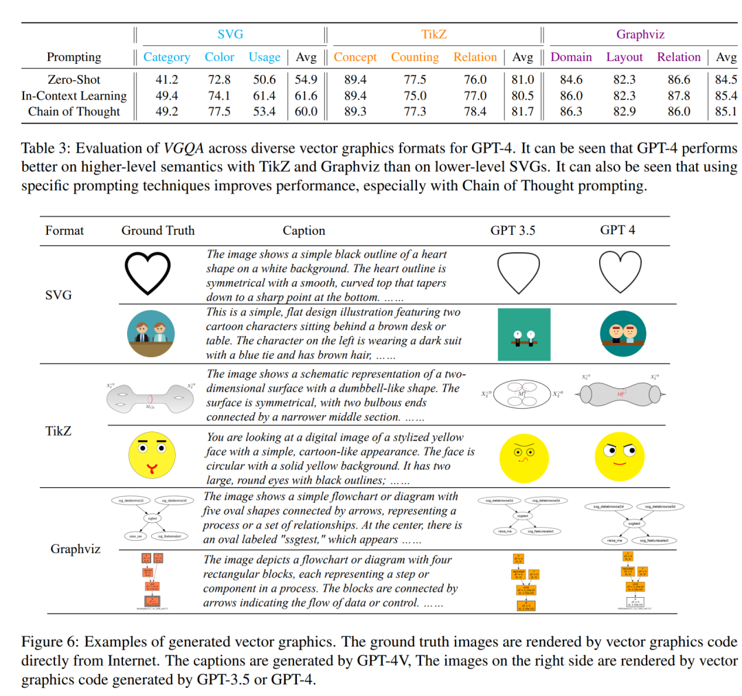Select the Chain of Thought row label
(74, 111)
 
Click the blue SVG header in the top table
(230, 34)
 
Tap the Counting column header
(414, 58)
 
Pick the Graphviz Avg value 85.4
(726, 96)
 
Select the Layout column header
(624, 58)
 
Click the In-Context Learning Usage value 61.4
(265, 96)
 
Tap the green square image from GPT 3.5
(524, 335)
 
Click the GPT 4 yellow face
(620, 457)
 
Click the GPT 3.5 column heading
(513, 230)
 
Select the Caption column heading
(304, 230)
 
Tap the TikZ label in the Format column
(58, 431)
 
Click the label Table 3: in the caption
(44, 148)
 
